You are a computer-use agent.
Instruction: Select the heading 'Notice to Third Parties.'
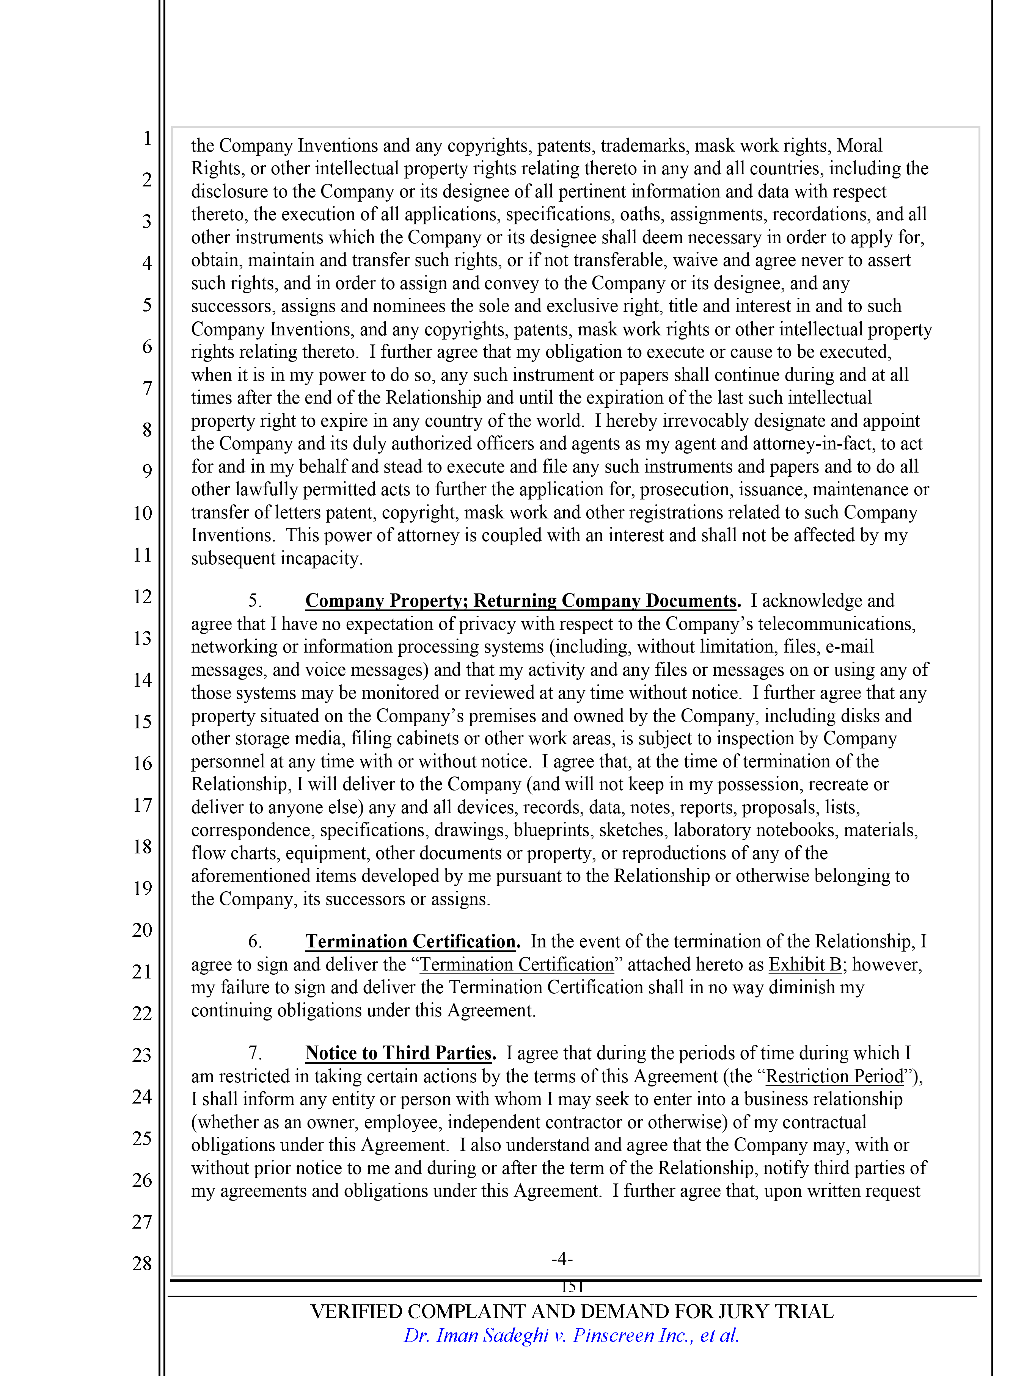click(x=400, y=1053)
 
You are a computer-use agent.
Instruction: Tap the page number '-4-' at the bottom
click(x=561, y=1259)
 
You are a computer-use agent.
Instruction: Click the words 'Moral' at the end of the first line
click(x=859, y=146)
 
